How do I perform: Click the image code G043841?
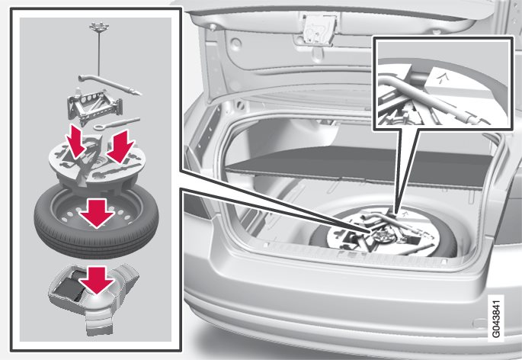(x=496, y=318)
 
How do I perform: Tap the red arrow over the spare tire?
(x=97, y=214)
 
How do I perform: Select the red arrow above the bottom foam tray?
(x=97, y=280)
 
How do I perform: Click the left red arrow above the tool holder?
(x=75, y=142)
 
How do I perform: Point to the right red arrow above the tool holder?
(x=120, y=146)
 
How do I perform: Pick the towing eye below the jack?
(x=117, y=124)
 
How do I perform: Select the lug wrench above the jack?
(x=110, y=85)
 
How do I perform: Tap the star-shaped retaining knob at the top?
(x=99, y=26)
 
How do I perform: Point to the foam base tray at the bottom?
(x=94, y=297)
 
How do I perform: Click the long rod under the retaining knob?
(x=99, y=53)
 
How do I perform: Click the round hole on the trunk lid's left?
(x=235, y=43)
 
